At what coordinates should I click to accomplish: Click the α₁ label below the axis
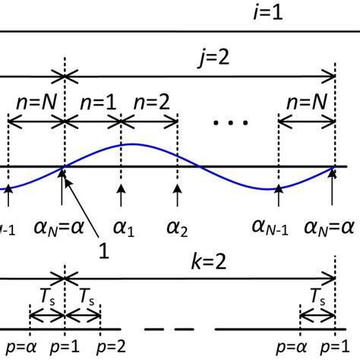click(x=120, y=226)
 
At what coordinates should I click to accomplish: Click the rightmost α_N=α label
click(x=331, y=226)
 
